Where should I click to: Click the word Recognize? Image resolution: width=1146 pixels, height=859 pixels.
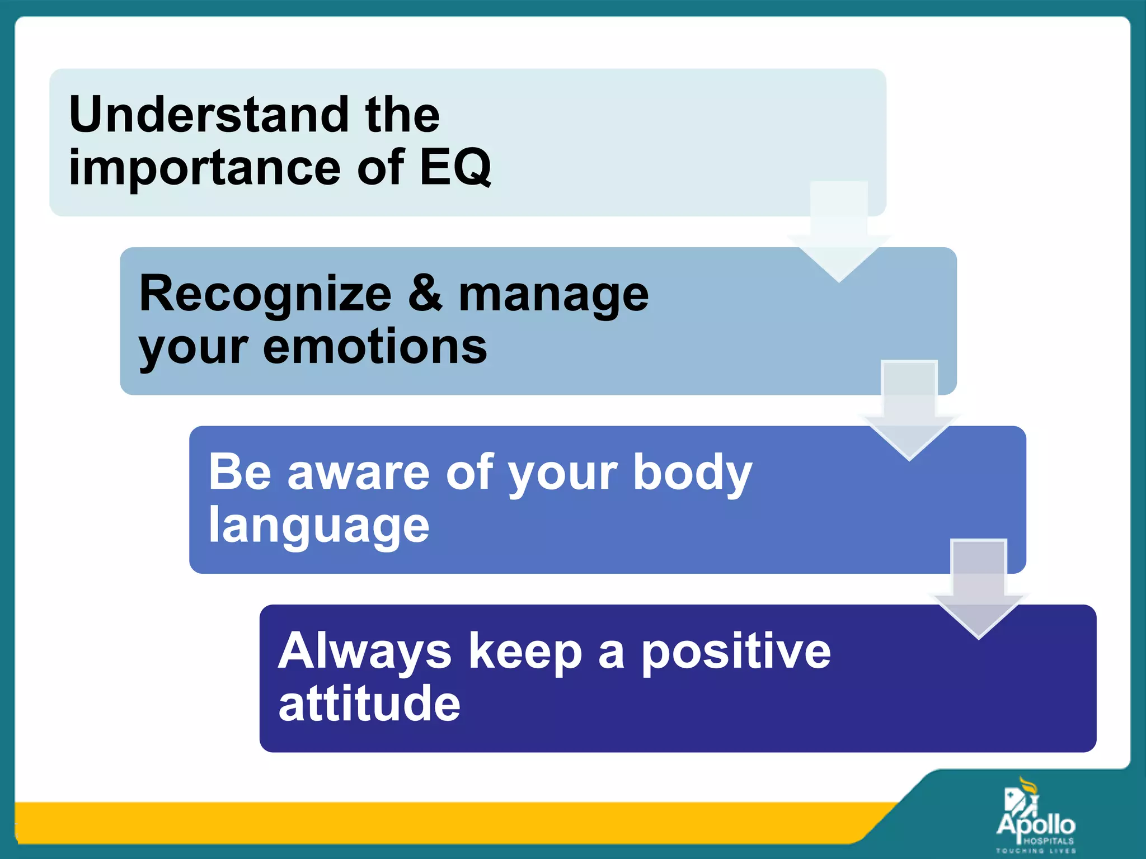click(x=265, y=294)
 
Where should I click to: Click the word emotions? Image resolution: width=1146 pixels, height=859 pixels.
click(x=375, y=347)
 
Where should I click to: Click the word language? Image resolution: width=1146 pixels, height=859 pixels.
click(x=319, y=527)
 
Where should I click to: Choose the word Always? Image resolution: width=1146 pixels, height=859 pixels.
click(x=365, y=651)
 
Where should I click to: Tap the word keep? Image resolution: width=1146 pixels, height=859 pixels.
click(x=525, y=653)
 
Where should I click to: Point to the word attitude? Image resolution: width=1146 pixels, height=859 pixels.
click(x=369, y=704)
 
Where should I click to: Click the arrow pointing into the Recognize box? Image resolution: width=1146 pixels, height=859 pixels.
click(x=839, y=235)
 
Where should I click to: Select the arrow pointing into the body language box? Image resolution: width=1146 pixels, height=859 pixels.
click(x=909, y=414)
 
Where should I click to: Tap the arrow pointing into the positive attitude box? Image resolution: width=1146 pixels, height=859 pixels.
click(x=979, y=593)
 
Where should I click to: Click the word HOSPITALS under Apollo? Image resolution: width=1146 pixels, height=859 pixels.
click(x=1048, y=841)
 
